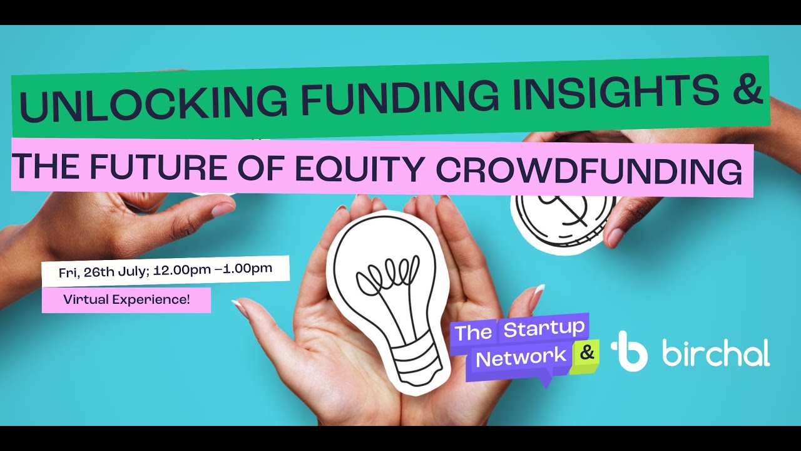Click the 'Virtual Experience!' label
point(126,299)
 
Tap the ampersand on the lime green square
point(586,353)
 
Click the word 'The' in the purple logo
point(473,332)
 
